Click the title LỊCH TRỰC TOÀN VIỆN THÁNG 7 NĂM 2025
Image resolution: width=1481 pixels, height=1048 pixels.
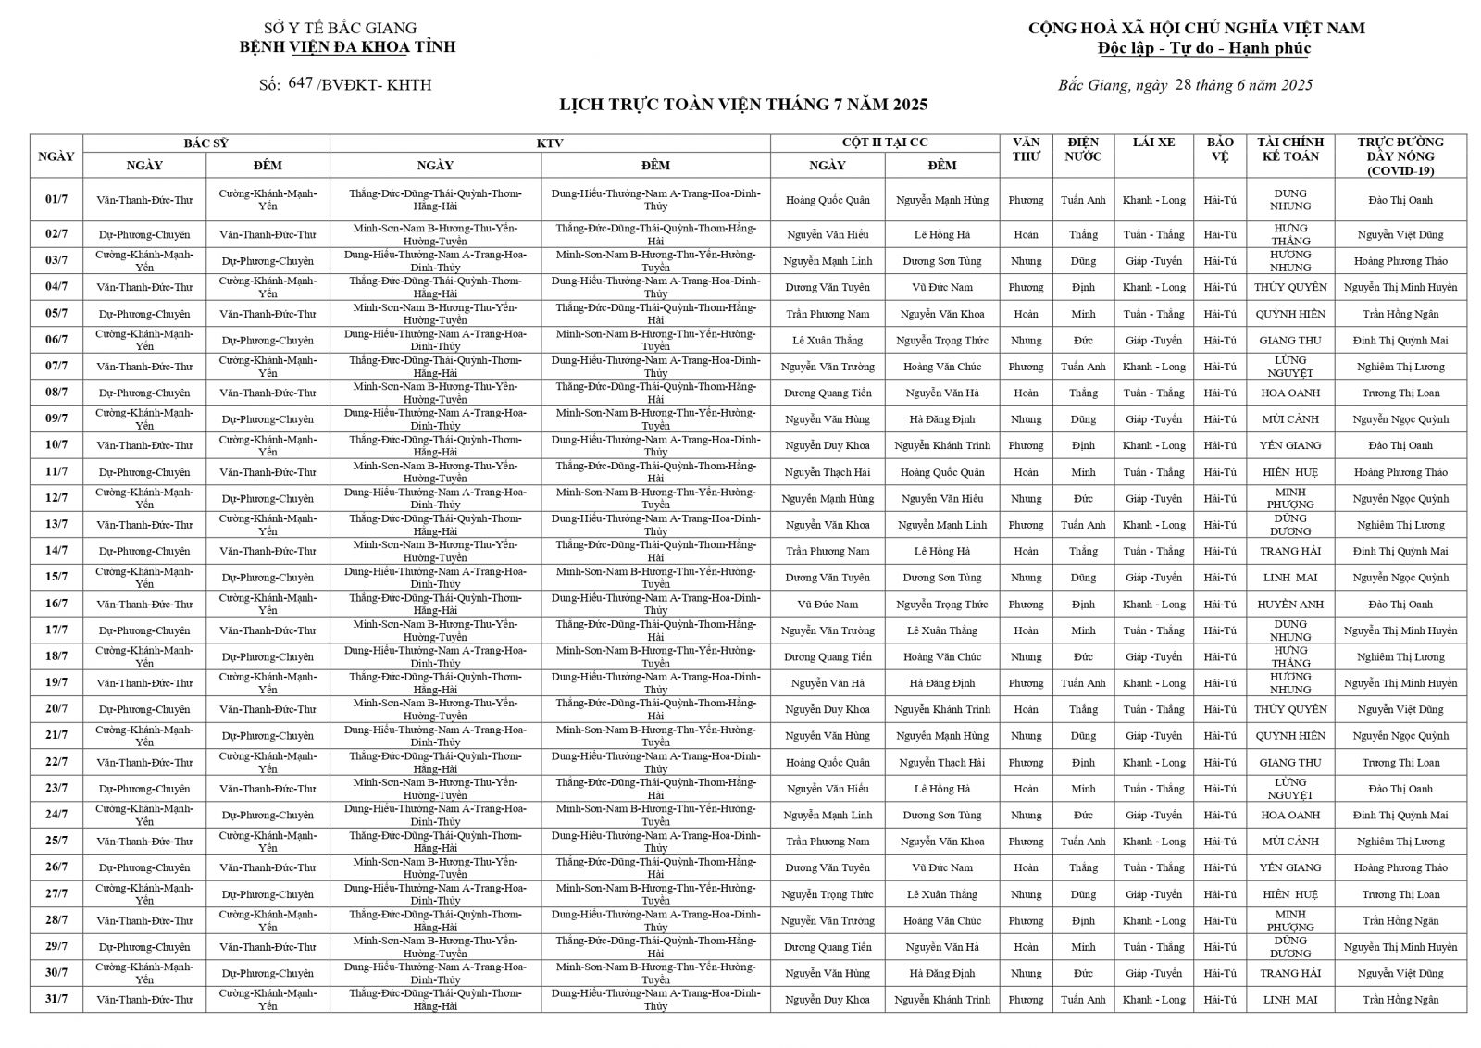[743, 105]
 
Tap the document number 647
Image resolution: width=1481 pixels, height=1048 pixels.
[301, 83]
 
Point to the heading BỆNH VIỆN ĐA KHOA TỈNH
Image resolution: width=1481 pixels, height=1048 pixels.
[347, 47]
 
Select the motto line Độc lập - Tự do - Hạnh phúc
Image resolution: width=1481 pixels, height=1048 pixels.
[1203, 48]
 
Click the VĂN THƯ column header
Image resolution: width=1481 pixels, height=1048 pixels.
[1026, 149]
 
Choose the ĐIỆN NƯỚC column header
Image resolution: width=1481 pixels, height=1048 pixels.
[1083, 149]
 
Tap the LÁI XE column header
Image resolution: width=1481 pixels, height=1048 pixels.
[1153, 143]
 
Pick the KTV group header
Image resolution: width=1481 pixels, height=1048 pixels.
[550, 143]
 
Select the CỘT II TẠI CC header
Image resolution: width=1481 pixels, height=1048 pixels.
[884, 143]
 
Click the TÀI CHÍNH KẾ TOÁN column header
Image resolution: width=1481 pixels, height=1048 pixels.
[1290, 149]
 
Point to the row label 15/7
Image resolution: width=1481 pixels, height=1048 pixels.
[56, 578]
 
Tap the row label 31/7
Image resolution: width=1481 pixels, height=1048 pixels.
[56, 1000]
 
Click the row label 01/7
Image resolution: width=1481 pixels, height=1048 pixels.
[56, 200]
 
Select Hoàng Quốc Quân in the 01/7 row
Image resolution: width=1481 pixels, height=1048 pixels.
[828, 200]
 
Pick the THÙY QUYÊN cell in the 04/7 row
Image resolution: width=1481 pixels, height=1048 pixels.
[1290, 288]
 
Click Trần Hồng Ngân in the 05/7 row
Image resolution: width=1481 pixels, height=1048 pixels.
[1400, 315]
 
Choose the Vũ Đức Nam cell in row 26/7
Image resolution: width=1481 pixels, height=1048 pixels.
[941, 868]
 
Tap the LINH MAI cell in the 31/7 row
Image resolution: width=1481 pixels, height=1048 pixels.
[1290, 1000]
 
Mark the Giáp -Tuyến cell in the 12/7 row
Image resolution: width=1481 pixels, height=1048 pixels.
[1153, 499]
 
